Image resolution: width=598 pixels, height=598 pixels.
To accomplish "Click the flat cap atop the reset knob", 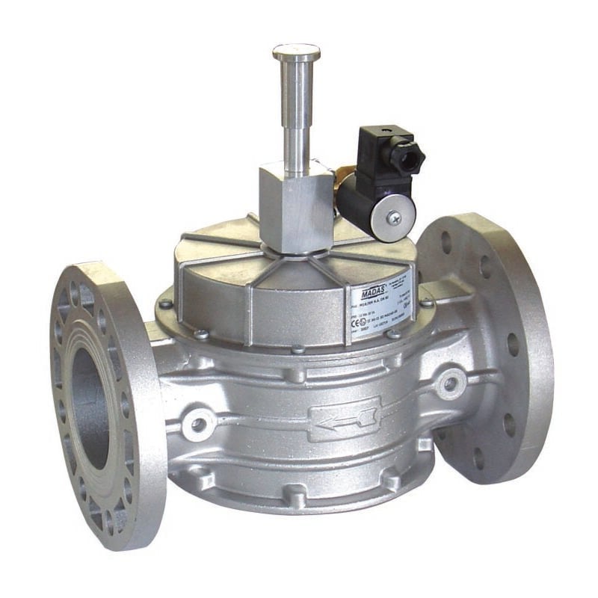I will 296,52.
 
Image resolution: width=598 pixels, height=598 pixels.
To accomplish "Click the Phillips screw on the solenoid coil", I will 394,218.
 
